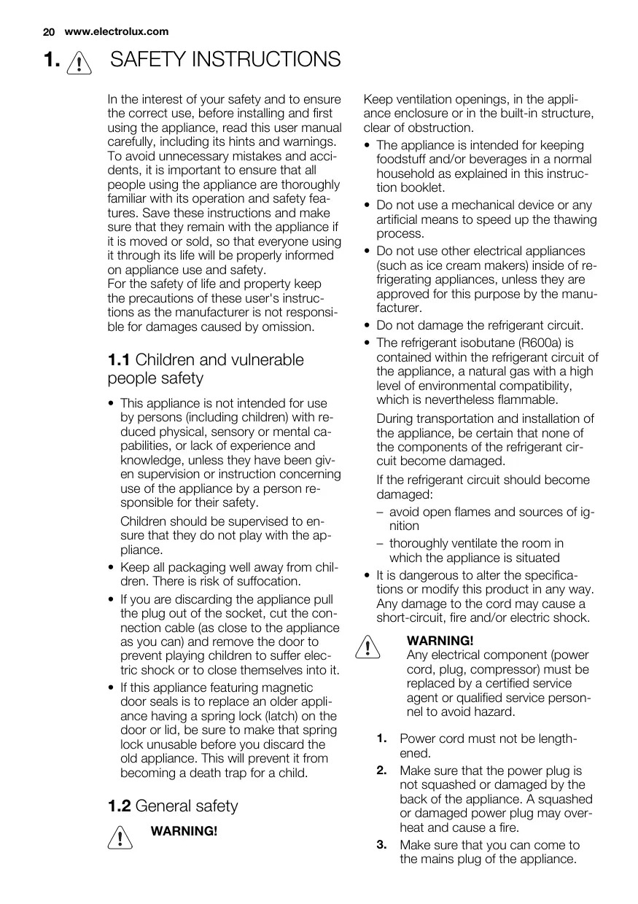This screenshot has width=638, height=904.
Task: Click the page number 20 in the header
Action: (49, 31)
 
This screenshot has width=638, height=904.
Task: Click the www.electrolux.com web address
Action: (117, 31)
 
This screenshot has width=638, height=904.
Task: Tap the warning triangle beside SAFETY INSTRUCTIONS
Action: (77, 62)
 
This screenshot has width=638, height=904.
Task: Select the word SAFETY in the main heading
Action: (148, 60)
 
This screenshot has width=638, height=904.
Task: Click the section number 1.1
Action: (119, 359)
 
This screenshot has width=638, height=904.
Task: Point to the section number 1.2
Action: (119, 806)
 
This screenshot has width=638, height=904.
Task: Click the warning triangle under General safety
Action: (119, 837)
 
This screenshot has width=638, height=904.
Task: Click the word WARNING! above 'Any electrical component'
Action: (440, 641)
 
